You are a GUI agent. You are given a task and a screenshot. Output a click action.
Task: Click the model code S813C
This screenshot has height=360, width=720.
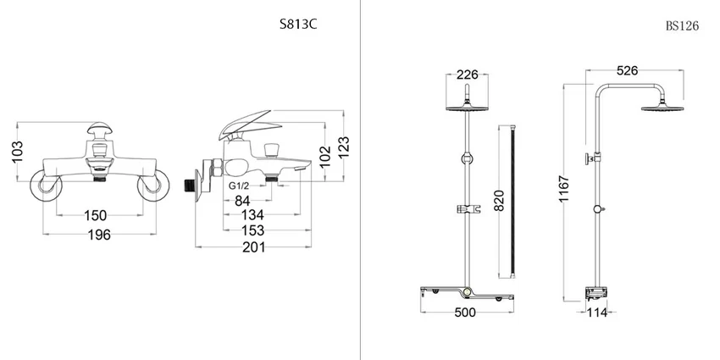[298, 25]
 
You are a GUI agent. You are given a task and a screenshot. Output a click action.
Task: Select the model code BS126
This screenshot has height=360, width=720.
[682, 25]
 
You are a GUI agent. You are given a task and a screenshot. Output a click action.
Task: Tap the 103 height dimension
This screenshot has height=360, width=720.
[18, 152]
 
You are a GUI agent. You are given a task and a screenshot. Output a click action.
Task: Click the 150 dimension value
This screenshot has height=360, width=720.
[96, 215]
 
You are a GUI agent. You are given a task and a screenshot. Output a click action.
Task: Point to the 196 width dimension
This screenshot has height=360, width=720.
[99, 235]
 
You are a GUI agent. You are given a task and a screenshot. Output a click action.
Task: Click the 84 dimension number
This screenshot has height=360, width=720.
[242, 201]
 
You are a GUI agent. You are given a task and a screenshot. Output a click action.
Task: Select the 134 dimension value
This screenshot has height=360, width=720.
[252, 214]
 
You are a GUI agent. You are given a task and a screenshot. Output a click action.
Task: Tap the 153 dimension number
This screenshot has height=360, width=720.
[253, 230]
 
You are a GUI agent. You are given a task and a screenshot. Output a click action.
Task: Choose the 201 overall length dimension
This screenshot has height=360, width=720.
[254, 247]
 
